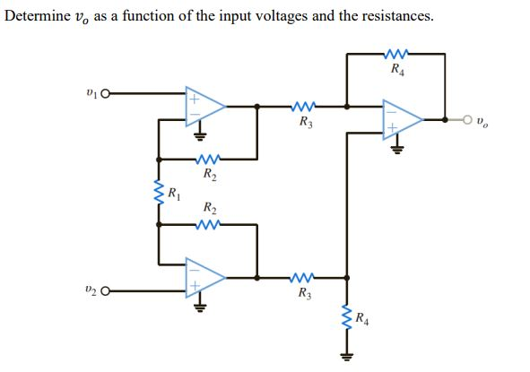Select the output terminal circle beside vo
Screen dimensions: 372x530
coord(467,117)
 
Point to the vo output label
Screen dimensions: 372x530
coord(484,118)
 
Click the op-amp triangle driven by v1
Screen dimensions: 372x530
coord(205,106)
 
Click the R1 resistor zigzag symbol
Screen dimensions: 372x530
coord(160,192)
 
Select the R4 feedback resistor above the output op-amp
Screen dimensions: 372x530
coord(395,53)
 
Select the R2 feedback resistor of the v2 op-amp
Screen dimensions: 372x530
coord(208,224)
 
